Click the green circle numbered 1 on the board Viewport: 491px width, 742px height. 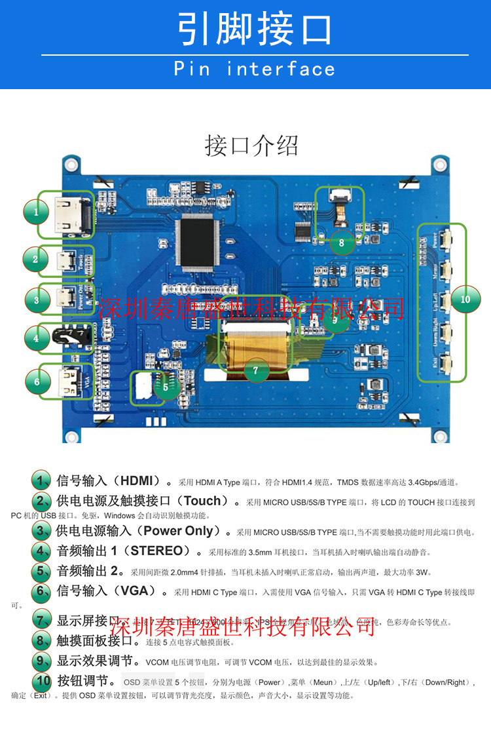click(x=37, y=212)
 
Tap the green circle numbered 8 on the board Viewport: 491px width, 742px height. click(x=341, y=243)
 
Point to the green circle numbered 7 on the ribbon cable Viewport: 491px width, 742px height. click(x=256, y=370)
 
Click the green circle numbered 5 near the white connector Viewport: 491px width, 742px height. click(x=166, y=387)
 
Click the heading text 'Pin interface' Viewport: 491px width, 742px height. click(x=254, y=69)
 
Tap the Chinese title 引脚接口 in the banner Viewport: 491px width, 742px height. click(x=254, y=29)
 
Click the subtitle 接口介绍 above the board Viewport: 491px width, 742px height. click(x=251, y=145)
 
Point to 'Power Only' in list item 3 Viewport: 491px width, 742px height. click(x=178, y=531)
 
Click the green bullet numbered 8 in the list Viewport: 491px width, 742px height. click(x=41, y=640)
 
